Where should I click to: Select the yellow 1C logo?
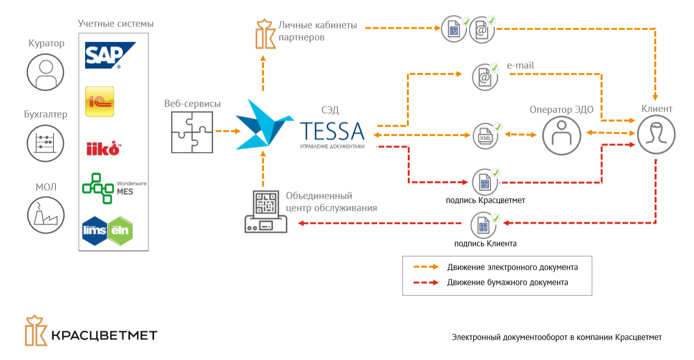coord(100,101)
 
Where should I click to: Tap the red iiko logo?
coord(104,149)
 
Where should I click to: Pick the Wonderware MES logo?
coord(114,188)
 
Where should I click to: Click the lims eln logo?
coord(107,230)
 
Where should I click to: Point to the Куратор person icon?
coord(46,72)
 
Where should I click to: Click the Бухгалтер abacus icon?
coord(46,143)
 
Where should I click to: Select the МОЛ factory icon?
coord(46,214)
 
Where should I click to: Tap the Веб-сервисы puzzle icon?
coord(191,132)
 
